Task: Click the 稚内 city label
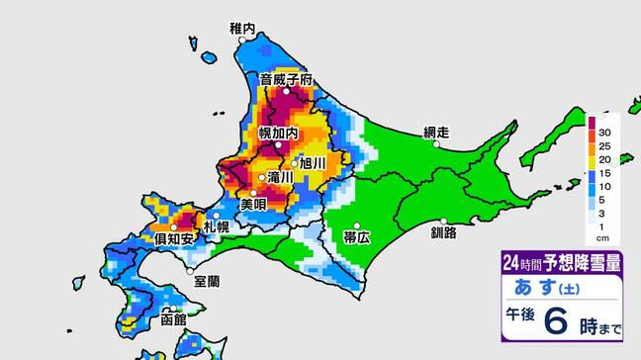click(x=242, y=31)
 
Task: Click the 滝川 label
click(x=280, y=178)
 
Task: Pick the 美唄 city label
click(x=254, y=204)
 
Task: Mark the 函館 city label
click(x=172, y=321)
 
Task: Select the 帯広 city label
click(x=357, y=238)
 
